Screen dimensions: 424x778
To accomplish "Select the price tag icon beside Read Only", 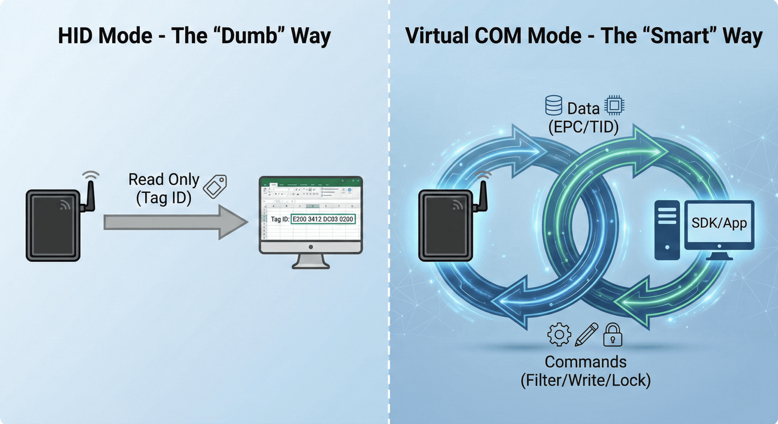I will click(x=215, y=187).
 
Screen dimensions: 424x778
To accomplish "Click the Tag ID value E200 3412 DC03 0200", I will click(x=323, y=219).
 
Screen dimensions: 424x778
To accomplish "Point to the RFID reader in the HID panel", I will click(x=53, y=225).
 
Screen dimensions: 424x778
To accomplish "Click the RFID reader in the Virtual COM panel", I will click(x=446, y=225).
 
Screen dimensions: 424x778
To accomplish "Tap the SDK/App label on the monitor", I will click(x=719, y=223).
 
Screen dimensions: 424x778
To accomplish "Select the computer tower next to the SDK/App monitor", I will click(x=667, y=229).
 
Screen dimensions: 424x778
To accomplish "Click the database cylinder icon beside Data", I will click(x=553, y=105).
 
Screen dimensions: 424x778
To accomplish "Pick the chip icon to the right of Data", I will click(x=614, y=105).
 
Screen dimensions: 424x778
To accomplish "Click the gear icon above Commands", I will click(x=559, y=334).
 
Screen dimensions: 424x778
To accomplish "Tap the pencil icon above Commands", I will click(x=586, y=334).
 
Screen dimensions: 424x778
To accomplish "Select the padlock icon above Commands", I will click(x=613, y=334).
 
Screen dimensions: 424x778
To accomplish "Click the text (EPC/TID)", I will click(x=583, y=127).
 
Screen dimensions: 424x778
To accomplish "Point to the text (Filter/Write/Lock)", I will click(x=585, y=380).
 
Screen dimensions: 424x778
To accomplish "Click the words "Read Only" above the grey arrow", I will click(x=164, y=179).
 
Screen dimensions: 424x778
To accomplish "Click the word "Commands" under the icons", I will click(x=585, y=362).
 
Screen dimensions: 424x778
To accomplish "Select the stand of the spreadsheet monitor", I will click(x=311, y=261).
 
